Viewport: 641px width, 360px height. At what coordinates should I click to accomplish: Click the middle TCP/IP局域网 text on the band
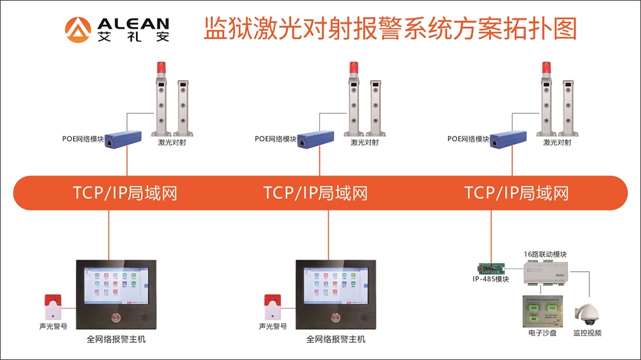(315, 192)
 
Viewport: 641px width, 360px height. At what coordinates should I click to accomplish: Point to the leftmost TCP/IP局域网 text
(125, 192)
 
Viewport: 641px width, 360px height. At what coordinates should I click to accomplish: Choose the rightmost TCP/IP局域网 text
(517, 192)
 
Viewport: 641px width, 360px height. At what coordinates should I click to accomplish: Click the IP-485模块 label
(491, 279)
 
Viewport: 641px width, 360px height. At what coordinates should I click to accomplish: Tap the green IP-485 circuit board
(492, 268)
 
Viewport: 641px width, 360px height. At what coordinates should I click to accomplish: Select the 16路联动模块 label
(545, 254)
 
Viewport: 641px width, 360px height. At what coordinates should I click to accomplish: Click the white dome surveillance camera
(586, 314)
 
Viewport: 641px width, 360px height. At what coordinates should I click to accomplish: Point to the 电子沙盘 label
(540, 333)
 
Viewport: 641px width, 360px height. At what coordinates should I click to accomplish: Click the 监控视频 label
(587, 333)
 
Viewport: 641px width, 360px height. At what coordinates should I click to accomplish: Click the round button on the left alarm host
(116, 316)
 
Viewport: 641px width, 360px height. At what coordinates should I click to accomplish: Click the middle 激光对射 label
(365, 142)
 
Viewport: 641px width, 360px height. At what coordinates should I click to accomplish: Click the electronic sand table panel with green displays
(541, 311)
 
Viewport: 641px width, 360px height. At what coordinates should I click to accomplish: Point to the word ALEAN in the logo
(133, 23)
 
